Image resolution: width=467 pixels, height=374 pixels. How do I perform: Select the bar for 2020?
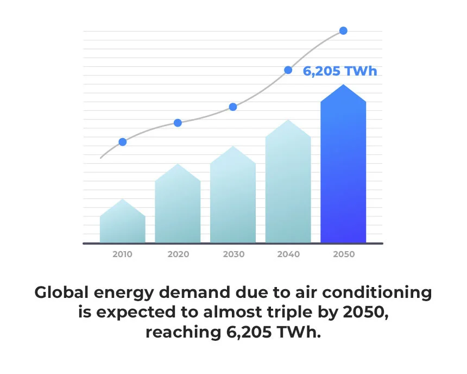(x=178, y=207)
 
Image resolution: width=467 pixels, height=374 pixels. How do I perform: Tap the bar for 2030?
(x=233, y=198)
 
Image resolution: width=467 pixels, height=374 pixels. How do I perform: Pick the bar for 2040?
(x=288, y=185)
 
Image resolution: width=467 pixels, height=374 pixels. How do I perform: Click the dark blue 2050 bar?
(x=343, y=169)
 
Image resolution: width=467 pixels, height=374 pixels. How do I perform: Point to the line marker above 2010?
(x=123, y=142)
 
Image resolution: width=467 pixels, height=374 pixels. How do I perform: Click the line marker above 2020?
(x=178, y=123)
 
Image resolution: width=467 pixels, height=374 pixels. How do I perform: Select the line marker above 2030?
(x=233, y=107)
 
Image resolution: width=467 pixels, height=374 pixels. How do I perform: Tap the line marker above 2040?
(x=288, y=70)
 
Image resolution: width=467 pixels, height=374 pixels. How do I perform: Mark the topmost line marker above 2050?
(x=343, y=30)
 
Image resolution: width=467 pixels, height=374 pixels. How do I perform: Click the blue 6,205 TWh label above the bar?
(x=339, y=71)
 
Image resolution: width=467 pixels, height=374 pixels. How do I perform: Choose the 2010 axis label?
(x=122, y=254)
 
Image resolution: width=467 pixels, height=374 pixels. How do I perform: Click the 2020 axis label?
(x=178, y=254)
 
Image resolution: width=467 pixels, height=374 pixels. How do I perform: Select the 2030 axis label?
(x=233, y=254)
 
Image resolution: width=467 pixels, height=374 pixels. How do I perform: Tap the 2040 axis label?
(x=288, y=254)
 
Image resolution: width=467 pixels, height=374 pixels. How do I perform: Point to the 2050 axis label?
(x=344, y=254)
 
